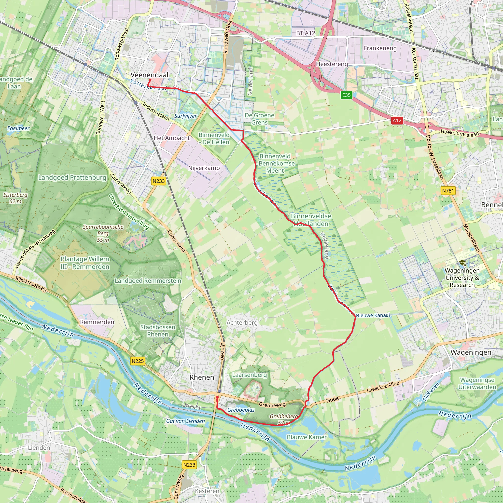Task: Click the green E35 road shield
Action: tap(346, 95)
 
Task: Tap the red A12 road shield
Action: tap(397, 120)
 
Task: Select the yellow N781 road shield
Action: tap(448, 191)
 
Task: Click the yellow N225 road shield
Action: tap(138, 361)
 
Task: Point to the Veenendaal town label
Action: tap(149, 75)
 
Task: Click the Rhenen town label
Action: tap(202, 377)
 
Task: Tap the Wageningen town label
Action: tap(471, 352)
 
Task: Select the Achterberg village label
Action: tap(242, 322)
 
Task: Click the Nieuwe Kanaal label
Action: tap(373, 315)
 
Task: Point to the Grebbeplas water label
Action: tap(241, 410)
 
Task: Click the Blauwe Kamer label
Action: tap(307, 437)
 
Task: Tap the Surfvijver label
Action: tap(185, 116)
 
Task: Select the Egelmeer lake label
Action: tap(18, 128)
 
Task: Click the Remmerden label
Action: tap(97, 322)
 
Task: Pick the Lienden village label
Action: tap(39, 448)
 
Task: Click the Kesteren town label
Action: tap(207, 491)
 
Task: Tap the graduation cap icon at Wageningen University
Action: tap(462, 263)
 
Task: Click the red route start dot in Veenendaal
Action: tap(150, 80)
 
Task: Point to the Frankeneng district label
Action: tap(380, 48)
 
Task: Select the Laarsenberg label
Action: tap(250, 375)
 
